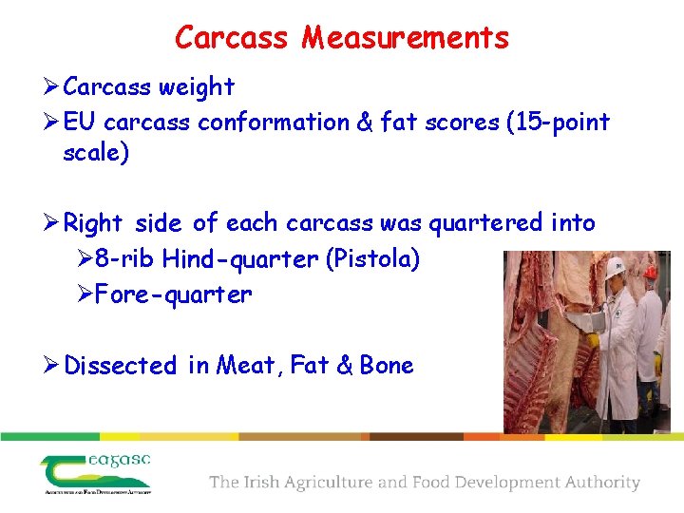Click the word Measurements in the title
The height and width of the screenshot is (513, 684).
pyautogui.click(x=406, y=38)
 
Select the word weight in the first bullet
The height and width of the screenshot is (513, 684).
pyautogui.click(x=198, y=87)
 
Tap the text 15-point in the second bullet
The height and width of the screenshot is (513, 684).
pyautogui.click(x=558, y=123)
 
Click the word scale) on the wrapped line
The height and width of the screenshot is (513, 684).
pyautogui.click(x=95, y=153)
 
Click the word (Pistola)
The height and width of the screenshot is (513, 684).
pyautogui.click(x=372, y=259)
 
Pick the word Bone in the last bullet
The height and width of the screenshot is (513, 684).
pyautogui.click(x=387, y=366)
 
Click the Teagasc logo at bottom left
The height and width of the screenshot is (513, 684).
pyautogui.click(x=95, y=473)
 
